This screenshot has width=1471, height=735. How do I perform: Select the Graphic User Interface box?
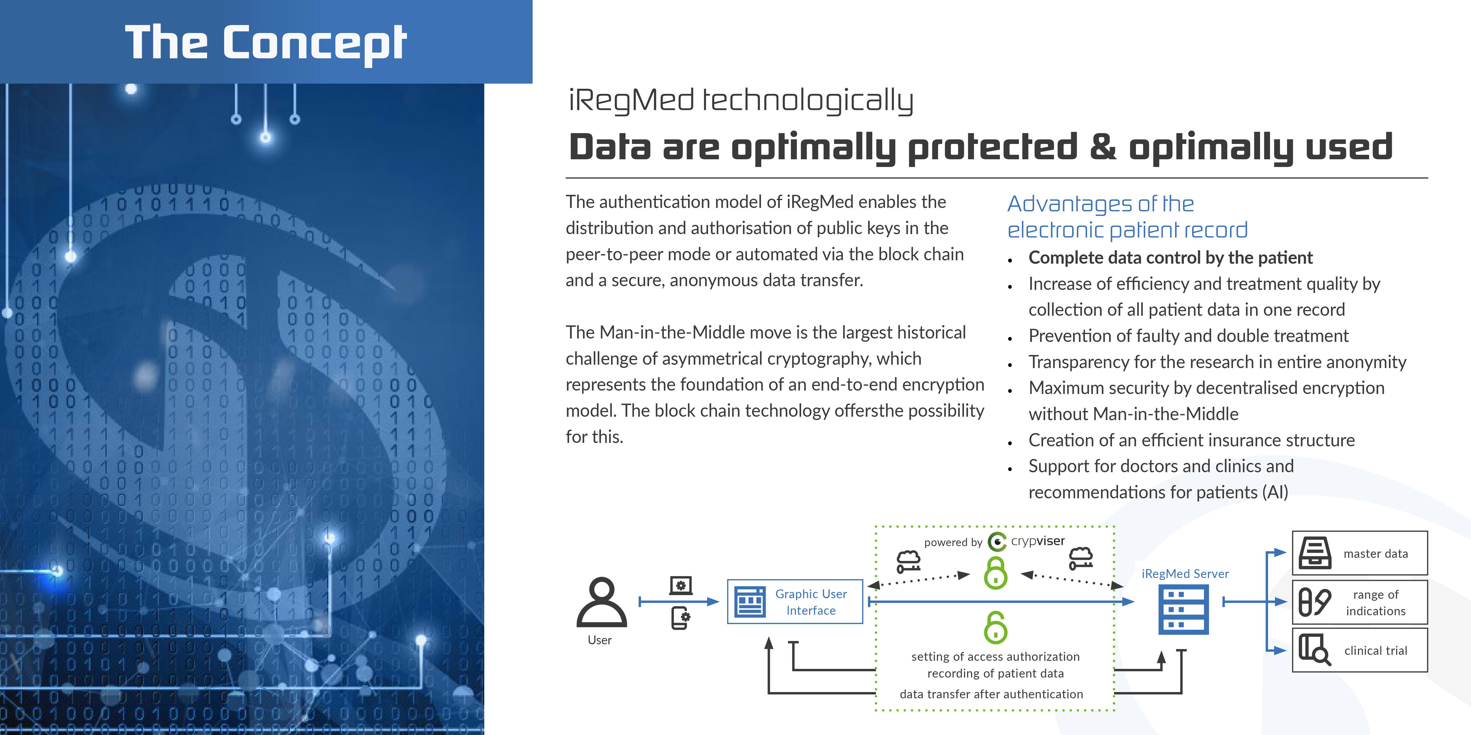click(795, 602)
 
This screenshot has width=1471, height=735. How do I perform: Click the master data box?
click(1360, 553)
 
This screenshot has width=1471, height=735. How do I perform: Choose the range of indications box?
click(1360, 602)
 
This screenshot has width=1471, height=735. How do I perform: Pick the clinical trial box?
click(1360, 650)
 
